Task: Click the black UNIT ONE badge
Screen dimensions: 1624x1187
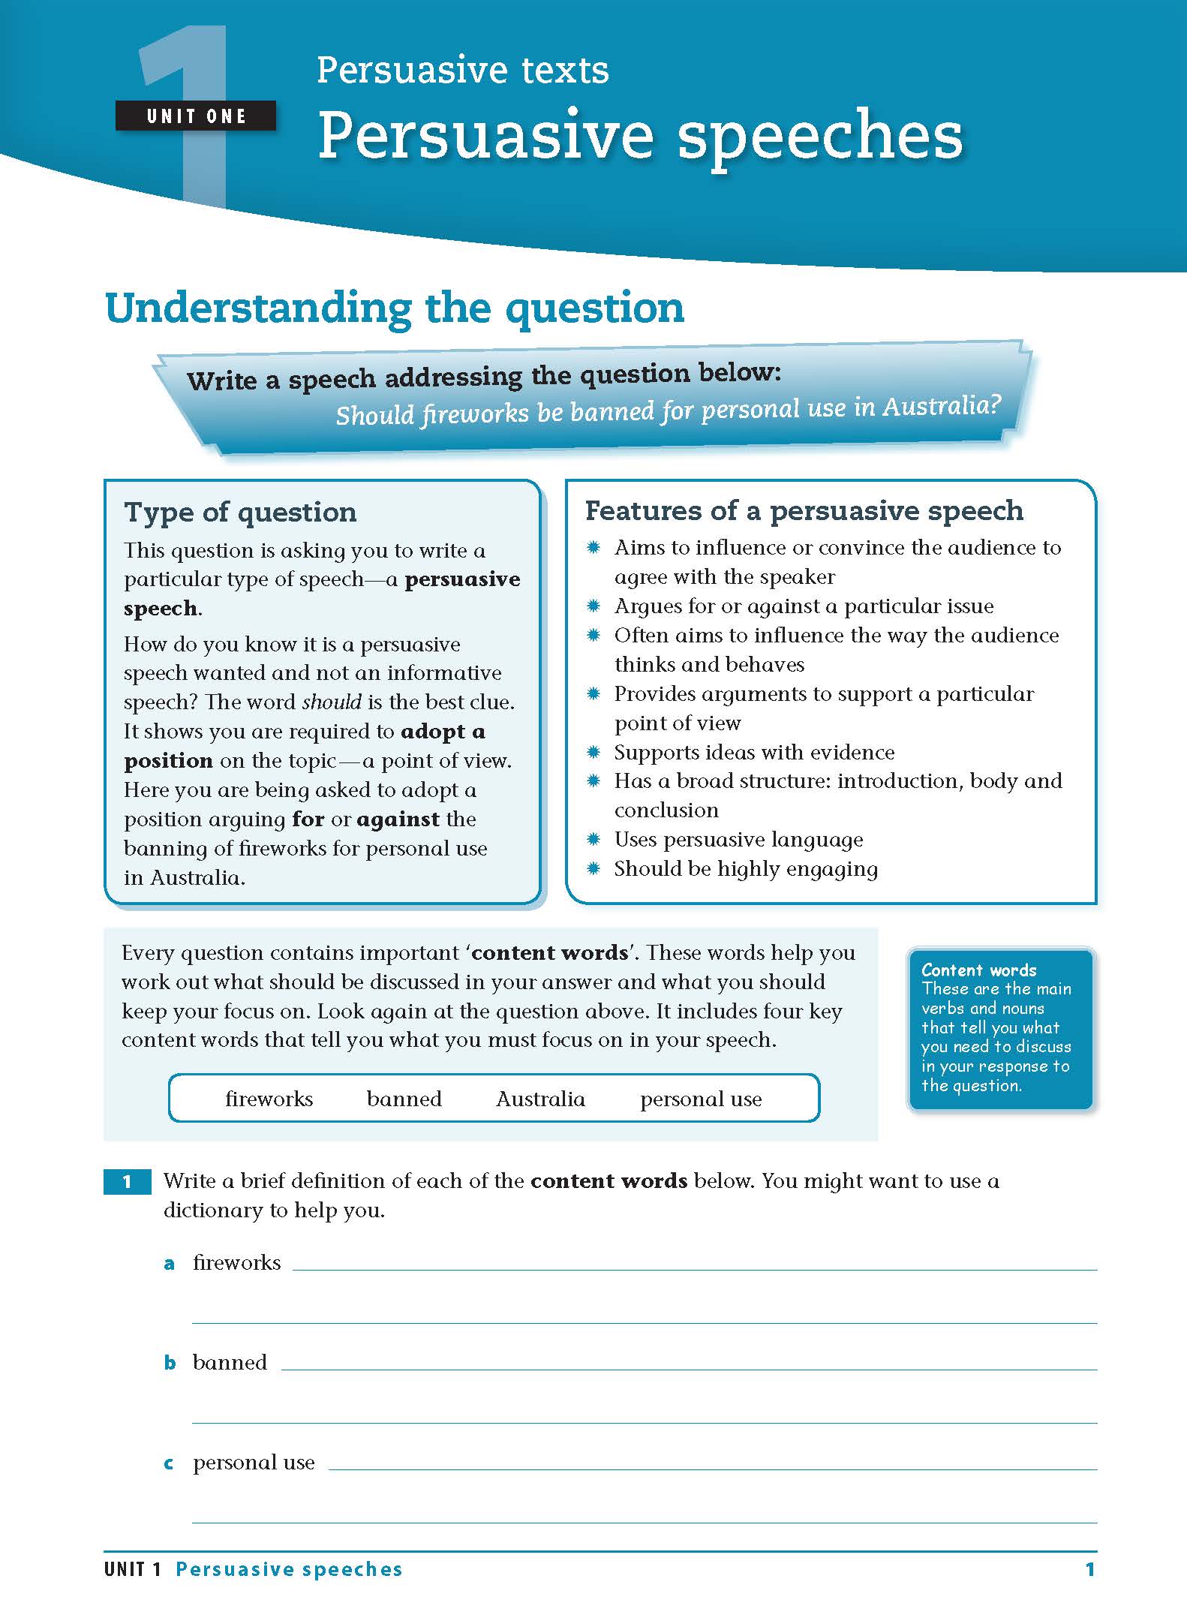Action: point(196,116)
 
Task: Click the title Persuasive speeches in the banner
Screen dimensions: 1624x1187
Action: point(640,136)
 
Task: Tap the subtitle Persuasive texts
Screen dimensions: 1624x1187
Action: point(462,71)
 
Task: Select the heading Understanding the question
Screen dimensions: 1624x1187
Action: point(395,308)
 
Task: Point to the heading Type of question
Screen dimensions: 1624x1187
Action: point(240,512)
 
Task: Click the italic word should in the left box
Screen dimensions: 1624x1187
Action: point(332,702)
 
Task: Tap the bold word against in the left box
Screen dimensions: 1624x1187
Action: point(398,820)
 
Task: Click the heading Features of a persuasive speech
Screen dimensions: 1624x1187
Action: point(804,510)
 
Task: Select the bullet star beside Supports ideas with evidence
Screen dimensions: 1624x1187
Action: point(593,752)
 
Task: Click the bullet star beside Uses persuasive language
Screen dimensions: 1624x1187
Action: point(593,839)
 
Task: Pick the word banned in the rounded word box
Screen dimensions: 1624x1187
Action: point(404,1099)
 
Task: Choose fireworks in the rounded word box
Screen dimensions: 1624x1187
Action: point(269,1099)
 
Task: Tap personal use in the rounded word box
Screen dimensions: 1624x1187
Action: point(701,1099)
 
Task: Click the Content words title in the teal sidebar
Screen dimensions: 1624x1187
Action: point(978,970)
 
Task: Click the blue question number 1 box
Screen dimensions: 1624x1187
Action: point(127,1182)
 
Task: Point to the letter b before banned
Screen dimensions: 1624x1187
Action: point(170,1363)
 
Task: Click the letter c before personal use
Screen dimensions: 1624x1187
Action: point(169,1463)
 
